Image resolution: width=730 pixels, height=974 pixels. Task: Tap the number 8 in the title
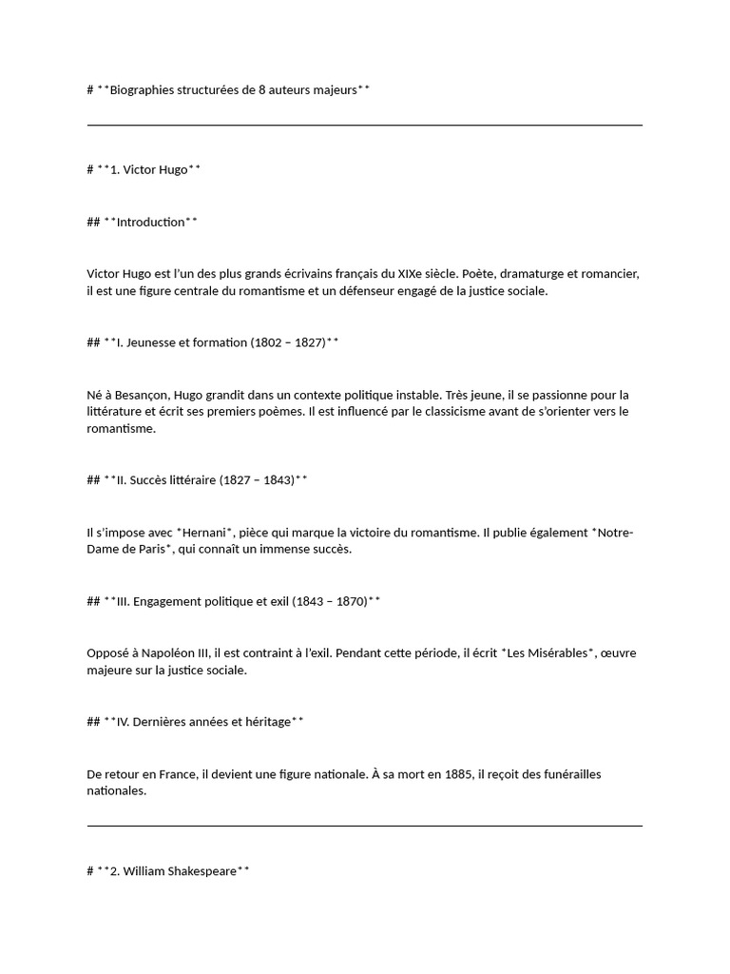pos(262,90)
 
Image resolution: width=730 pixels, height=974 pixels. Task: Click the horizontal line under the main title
pos(364,125)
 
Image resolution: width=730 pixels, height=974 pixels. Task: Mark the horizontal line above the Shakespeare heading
pos(364,826)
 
